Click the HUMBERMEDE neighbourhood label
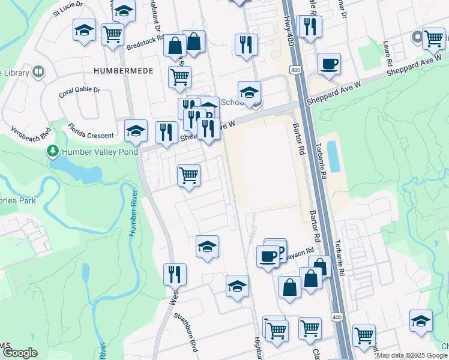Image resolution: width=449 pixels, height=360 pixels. coord(123,71)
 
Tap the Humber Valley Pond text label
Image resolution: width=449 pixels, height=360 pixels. coord(100,152)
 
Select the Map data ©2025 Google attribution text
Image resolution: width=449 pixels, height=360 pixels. coord(412,355)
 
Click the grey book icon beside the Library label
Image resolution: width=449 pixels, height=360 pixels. coord(38,73)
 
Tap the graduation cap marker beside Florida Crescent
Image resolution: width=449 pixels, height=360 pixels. coord(136,130)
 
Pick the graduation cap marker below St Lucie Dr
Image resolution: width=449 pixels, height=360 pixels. coord(85,30)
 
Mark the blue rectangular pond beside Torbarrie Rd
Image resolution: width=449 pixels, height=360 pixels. coord(333,157)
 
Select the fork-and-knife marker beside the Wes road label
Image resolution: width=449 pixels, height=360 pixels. coord(175,273)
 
